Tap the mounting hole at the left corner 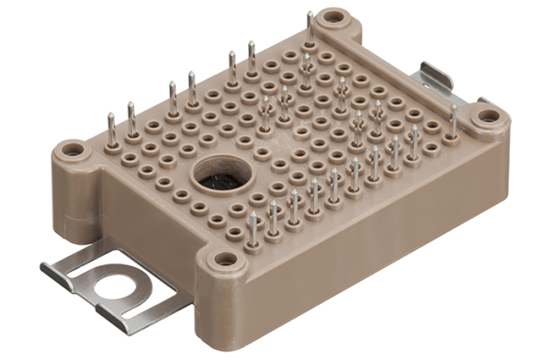click(x=72, y=150)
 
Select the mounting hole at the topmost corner click(x=332, y=16)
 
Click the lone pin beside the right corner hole click(x=453, y=120)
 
